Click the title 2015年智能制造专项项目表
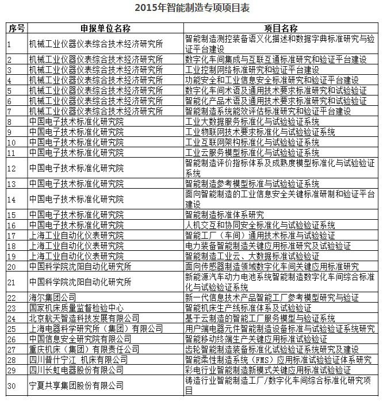click(191, 7)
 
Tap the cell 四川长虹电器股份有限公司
click(76, 370)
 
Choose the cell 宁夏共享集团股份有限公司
click(76, 385)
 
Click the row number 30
click(12, 385)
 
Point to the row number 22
click(12, 298)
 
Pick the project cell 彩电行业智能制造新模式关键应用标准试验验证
click(267, 370)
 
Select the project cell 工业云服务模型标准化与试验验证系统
click(252, 152)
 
